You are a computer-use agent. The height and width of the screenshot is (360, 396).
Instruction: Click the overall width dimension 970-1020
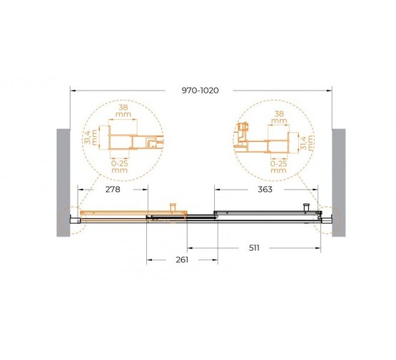pyautogui.click(x=200, y=91)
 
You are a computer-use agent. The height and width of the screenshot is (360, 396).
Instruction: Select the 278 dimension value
pyautogui.click(x=113, y=189)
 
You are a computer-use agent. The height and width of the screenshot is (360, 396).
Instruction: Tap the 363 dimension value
pyautogui.click(x=265, y=189)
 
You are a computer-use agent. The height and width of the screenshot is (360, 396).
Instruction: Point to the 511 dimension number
pyautogui.click(x=254, y=248)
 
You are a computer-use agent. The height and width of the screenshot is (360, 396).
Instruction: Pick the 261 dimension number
pyautogui.click(x=182, y=259)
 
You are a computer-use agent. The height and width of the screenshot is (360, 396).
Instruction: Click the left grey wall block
pyautogui.click(x=63, y=182)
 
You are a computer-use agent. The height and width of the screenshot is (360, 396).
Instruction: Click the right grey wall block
pyautogui.click(x=339, y=182)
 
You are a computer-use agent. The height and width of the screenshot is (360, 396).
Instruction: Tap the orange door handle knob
pyautogui.click(x=173, y=207)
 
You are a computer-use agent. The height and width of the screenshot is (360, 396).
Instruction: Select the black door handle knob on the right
pyautogui.click(x=306, y=207)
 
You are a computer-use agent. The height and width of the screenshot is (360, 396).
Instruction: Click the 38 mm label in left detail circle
pyautogui.click(x=123, y=110)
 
